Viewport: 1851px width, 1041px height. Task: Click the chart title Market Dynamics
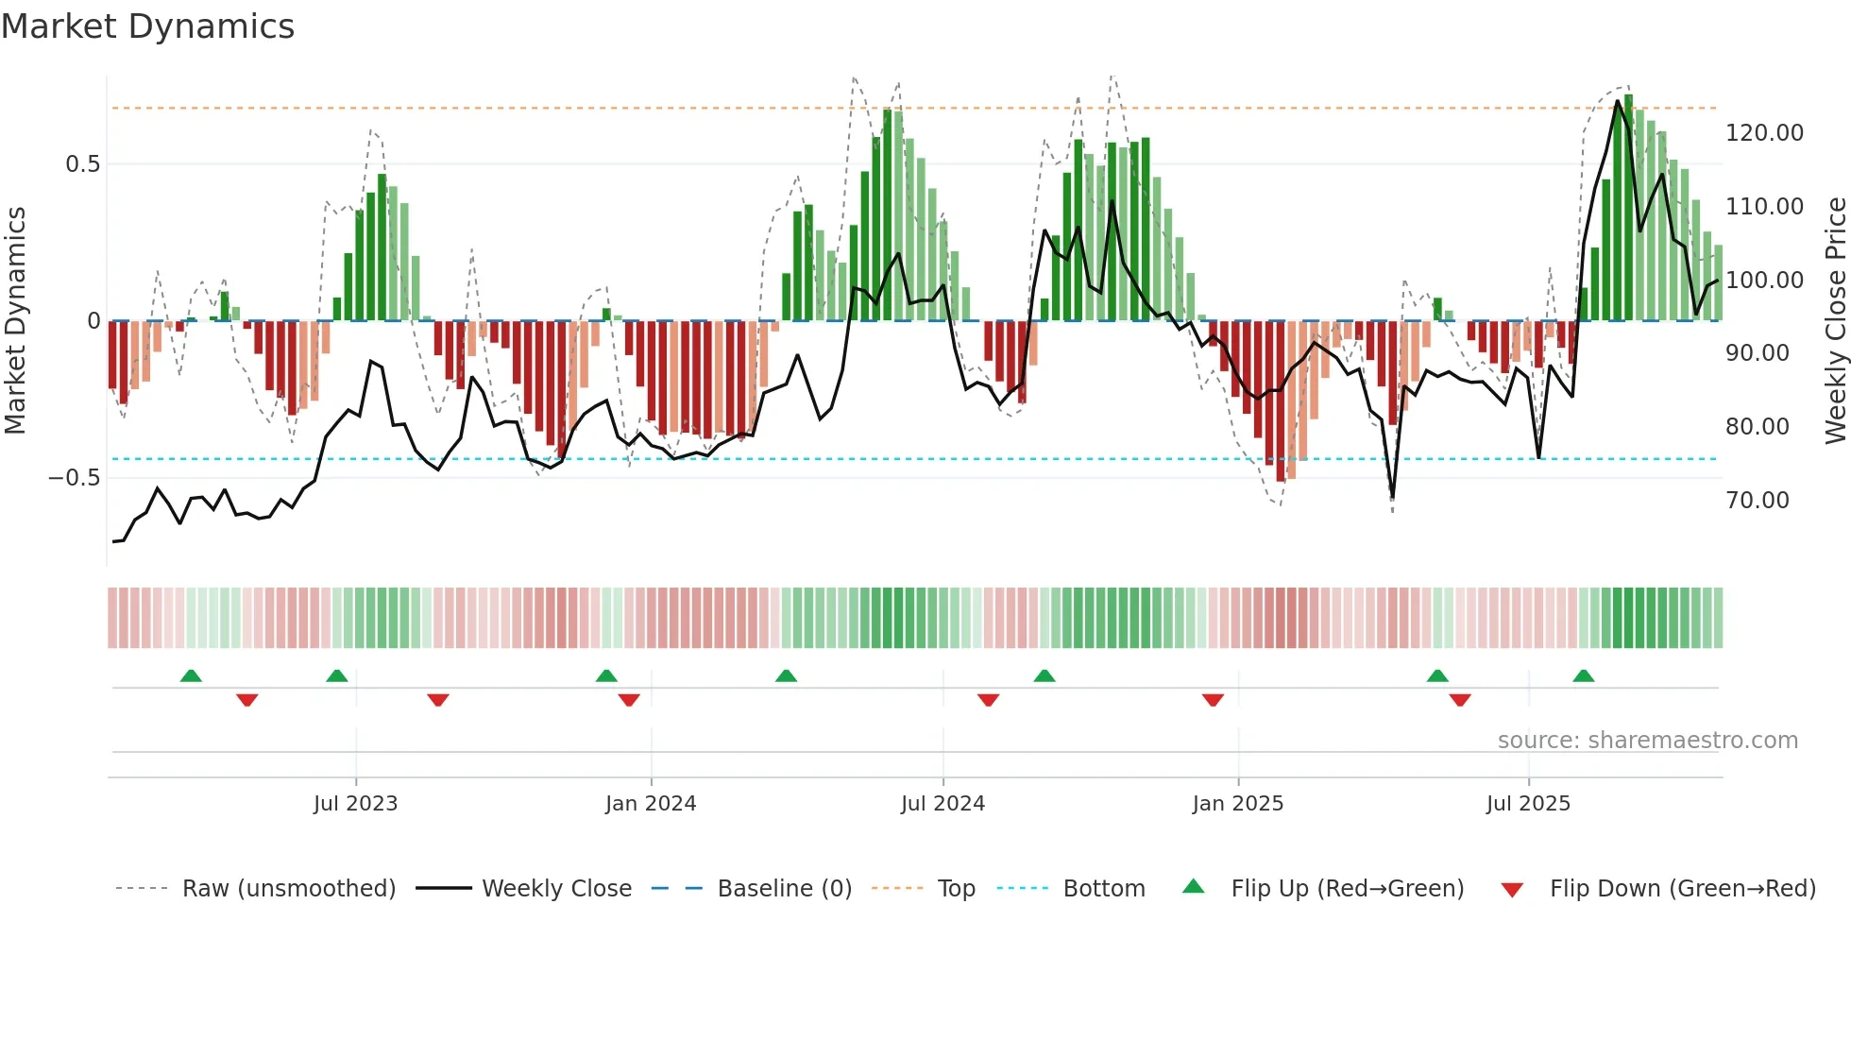tap(147, 26)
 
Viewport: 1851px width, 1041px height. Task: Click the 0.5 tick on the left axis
tap(82, 164)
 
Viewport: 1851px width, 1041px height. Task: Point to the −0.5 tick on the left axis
tap(75, 478)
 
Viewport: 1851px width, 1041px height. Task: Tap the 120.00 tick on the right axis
tap(1764, 133)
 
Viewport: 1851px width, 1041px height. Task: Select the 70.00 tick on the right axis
tap(1757, 501)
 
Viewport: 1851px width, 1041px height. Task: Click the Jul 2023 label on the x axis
tap(355, 804)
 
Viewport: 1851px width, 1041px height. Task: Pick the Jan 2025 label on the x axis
tap(1237, 804)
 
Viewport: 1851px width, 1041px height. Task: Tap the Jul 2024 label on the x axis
tap(942, 804)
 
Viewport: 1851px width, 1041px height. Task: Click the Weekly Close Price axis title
tap(1835, 320)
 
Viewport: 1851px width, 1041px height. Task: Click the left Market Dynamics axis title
tap(15, 320)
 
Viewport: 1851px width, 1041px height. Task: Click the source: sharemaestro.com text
tap(1647, 741)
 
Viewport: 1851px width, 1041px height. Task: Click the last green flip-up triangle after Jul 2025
tap(1584, 676)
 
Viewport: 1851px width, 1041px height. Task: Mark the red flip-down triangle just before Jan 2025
tap(1213, 700)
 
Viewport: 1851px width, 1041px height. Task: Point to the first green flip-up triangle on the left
tap(191, 676)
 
